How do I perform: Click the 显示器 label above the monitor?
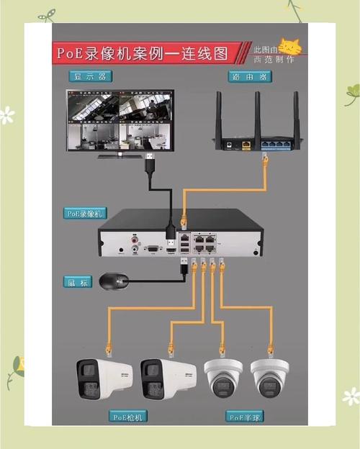click(x=91, y=76)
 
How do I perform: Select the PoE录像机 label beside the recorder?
click(x=86, y=213)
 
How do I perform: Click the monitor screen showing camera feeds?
click(x=120, y=119)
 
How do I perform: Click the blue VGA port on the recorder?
click(x=152, y=249)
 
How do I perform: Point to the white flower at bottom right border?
click(x=351, y=396)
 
